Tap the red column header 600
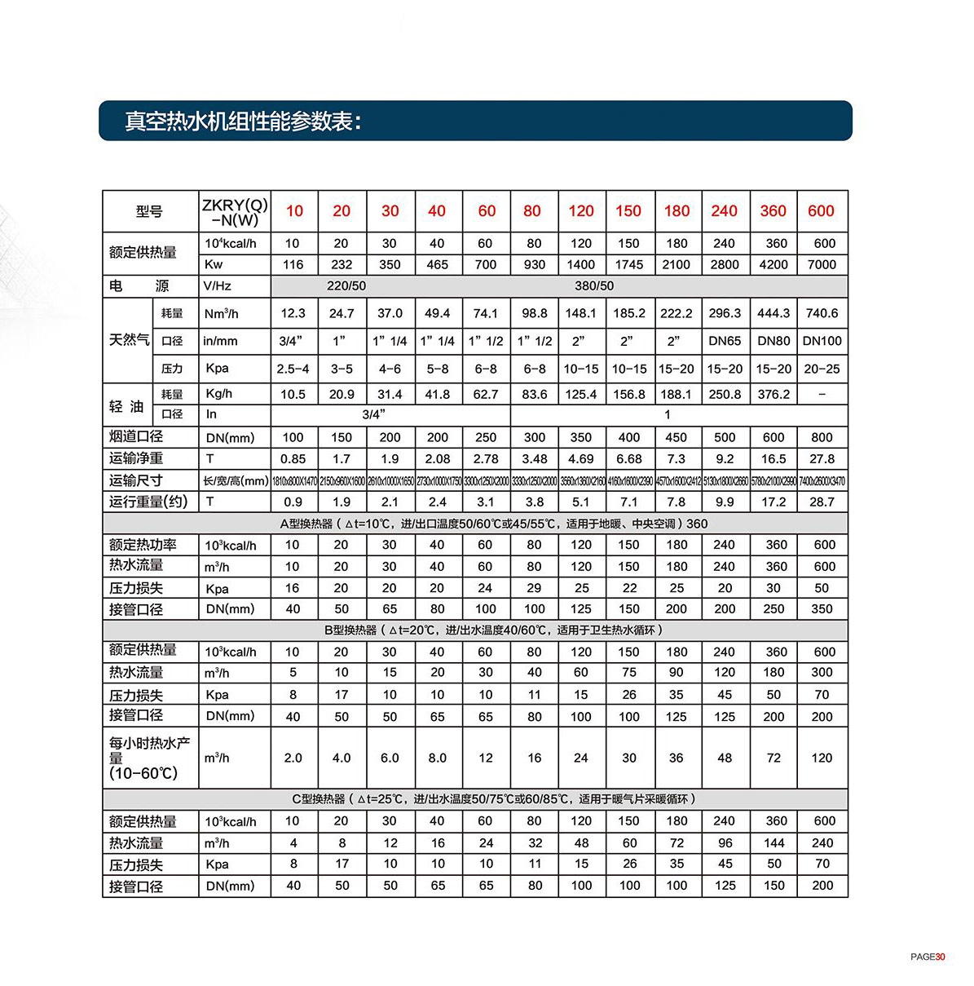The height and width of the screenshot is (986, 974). click(x=821, y=211)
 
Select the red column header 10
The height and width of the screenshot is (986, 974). click(x=294, y=211)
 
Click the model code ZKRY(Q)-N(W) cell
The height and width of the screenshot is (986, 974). click(x=234, y=212)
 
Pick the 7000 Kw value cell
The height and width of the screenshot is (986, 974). click(x=822, y=264)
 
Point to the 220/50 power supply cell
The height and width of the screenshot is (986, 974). click(x=346, y=286)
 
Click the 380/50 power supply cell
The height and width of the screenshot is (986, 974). click(x=594, y=286)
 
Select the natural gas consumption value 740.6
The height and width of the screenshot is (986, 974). click(x=822, y=313)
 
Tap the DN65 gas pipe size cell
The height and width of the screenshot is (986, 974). click(x=725, y=341)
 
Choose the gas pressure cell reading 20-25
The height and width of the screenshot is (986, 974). click(x=822, y=369)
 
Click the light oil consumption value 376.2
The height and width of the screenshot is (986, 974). click(x=773, y=394)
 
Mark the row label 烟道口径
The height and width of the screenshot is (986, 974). click(x=136, y=436)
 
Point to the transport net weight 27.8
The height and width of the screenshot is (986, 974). click(x=822, y=459)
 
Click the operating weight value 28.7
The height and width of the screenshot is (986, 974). click(x=822, y=502)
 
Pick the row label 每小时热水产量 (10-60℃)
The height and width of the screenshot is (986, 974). click(x=149, y=758)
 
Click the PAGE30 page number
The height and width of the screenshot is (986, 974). click(x=928, y=957)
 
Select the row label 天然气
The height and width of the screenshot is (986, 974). click(x=129, y=340)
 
